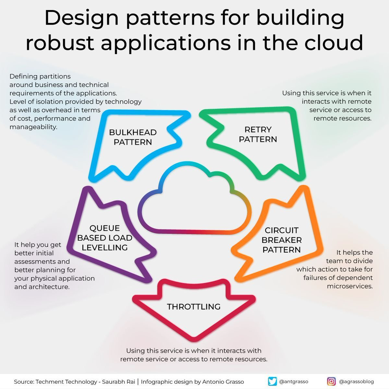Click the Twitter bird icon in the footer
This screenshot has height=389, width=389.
click(273, 381)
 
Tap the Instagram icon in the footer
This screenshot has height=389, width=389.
click(331, 381)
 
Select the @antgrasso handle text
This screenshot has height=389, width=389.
click(293, 382)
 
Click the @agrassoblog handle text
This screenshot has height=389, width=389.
click(356, 382)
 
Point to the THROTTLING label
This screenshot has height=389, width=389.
click(194, 307)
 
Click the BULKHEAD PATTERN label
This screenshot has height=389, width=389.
click(133, 137)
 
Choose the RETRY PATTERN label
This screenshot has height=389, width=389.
click(258, 135)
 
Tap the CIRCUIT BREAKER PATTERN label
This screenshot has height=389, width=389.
click(282, 240)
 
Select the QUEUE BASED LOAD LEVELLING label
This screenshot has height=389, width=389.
click(105, 238)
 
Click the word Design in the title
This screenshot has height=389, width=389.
click(81, 18)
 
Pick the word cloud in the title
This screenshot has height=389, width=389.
click(334, 43)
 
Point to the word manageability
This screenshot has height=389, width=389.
click(33, 127)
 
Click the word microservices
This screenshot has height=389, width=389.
click(350, 286)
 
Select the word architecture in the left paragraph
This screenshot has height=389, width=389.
click(49, 287)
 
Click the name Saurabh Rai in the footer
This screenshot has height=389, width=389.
click(119, 382)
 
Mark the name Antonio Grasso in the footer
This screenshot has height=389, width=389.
click(223, 382)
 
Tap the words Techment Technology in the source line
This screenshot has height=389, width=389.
click(67, 382)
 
